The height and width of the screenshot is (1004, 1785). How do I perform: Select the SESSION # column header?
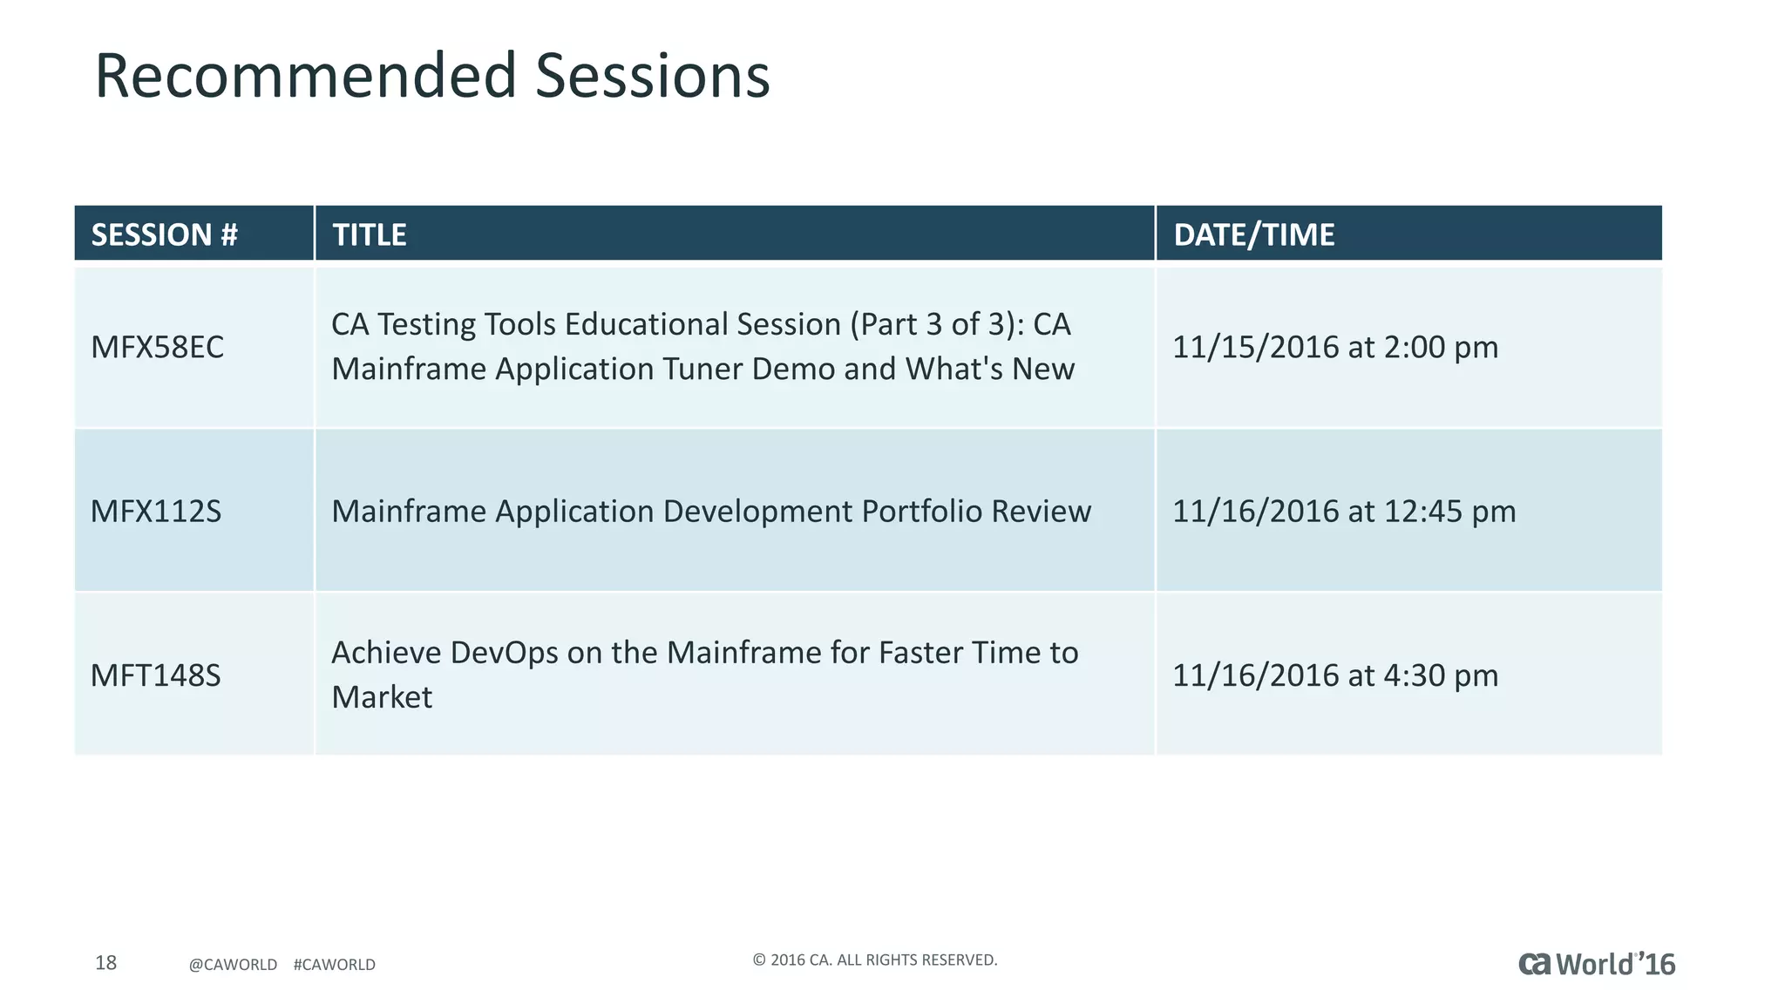tap(165, 234)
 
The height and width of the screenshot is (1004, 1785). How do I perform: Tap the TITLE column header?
tap(370, 234)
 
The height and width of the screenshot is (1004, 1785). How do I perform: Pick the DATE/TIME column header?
tap(1253, 234)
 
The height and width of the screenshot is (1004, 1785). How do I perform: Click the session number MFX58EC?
tap(158, 347)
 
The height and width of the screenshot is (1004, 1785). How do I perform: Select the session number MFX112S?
tap(156, 511)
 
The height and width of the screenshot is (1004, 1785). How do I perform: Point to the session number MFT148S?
tap(156, 675)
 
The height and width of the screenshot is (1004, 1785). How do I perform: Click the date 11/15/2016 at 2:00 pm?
tap(1334, 347)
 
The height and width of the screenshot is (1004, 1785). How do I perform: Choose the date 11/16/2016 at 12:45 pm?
tap(1343, 511)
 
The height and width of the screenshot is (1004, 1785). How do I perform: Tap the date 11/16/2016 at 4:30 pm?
tap(1334, 675)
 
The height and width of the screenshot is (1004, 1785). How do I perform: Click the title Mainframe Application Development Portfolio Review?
tap(711, 511)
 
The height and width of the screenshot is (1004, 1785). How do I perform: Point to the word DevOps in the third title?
tap(504, 653)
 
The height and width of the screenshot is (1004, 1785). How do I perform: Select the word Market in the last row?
tap(382, 697)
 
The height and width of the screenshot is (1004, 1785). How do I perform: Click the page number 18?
tap(105, 962)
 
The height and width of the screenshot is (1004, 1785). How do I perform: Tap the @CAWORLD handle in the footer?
tap(233, 965)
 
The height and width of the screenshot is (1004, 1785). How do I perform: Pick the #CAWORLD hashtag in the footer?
tap(335, 965)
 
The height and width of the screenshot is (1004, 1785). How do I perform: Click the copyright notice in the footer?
tap(874, 960)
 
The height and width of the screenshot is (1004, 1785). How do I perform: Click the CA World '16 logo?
tap(1597, 964)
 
